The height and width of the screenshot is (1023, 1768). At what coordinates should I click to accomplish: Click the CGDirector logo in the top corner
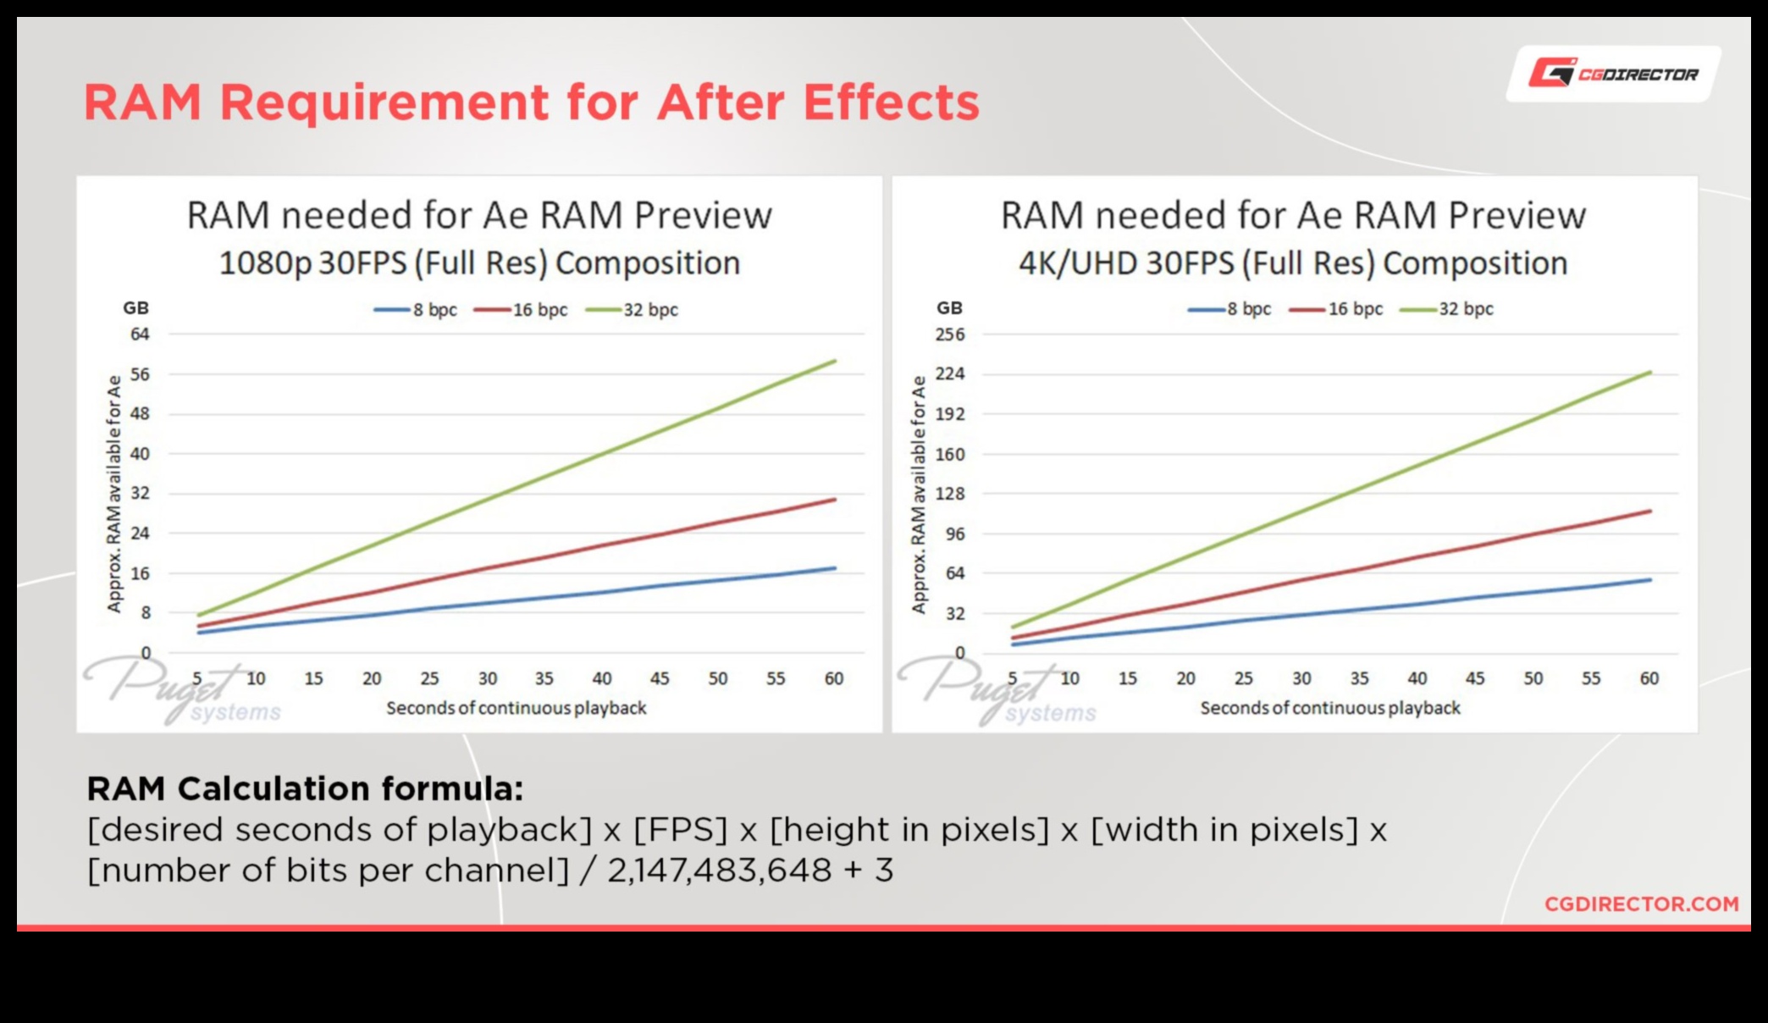[1612, 74]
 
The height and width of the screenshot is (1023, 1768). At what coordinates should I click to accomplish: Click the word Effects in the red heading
[891, 102]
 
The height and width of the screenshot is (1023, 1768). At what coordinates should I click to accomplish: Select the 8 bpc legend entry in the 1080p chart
[417, 310]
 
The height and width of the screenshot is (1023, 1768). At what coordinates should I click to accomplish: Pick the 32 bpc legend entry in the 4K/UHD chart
[1447, 309]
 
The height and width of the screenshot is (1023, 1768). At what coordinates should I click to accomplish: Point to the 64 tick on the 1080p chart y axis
[140, 335]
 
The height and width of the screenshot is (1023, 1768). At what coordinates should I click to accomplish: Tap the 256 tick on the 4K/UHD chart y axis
[949, 335]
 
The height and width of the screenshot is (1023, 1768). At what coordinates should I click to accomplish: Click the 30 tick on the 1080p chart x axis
[488, 678]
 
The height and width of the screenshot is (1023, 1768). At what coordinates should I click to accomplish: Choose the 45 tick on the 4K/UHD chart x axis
[1474, 678]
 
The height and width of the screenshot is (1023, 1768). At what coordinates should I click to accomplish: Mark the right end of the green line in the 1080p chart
[835, 362]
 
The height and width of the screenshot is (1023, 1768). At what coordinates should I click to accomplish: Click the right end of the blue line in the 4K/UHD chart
[1650, 580]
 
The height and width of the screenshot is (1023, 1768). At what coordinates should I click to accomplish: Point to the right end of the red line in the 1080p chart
[835, 500]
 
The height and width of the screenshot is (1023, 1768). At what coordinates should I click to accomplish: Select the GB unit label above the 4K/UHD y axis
[949, 307]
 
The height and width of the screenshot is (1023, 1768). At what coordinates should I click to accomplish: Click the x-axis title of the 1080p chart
[516, 708]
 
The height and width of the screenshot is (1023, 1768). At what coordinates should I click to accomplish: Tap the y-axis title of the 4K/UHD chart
[919, 495]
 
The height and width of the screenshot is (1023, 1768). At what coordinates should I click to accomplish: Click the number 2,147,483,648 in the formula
[719, 871]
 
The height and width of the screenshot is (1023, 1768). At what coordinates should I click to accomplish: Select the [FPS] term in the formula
[680, 830]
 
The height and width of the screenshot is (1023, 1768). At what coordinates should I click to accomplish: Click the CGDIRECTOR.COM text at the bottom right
[1641, 904]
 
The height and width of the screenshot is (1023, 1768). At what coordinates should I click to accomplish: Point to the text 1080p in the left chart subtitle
[265, 263]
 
